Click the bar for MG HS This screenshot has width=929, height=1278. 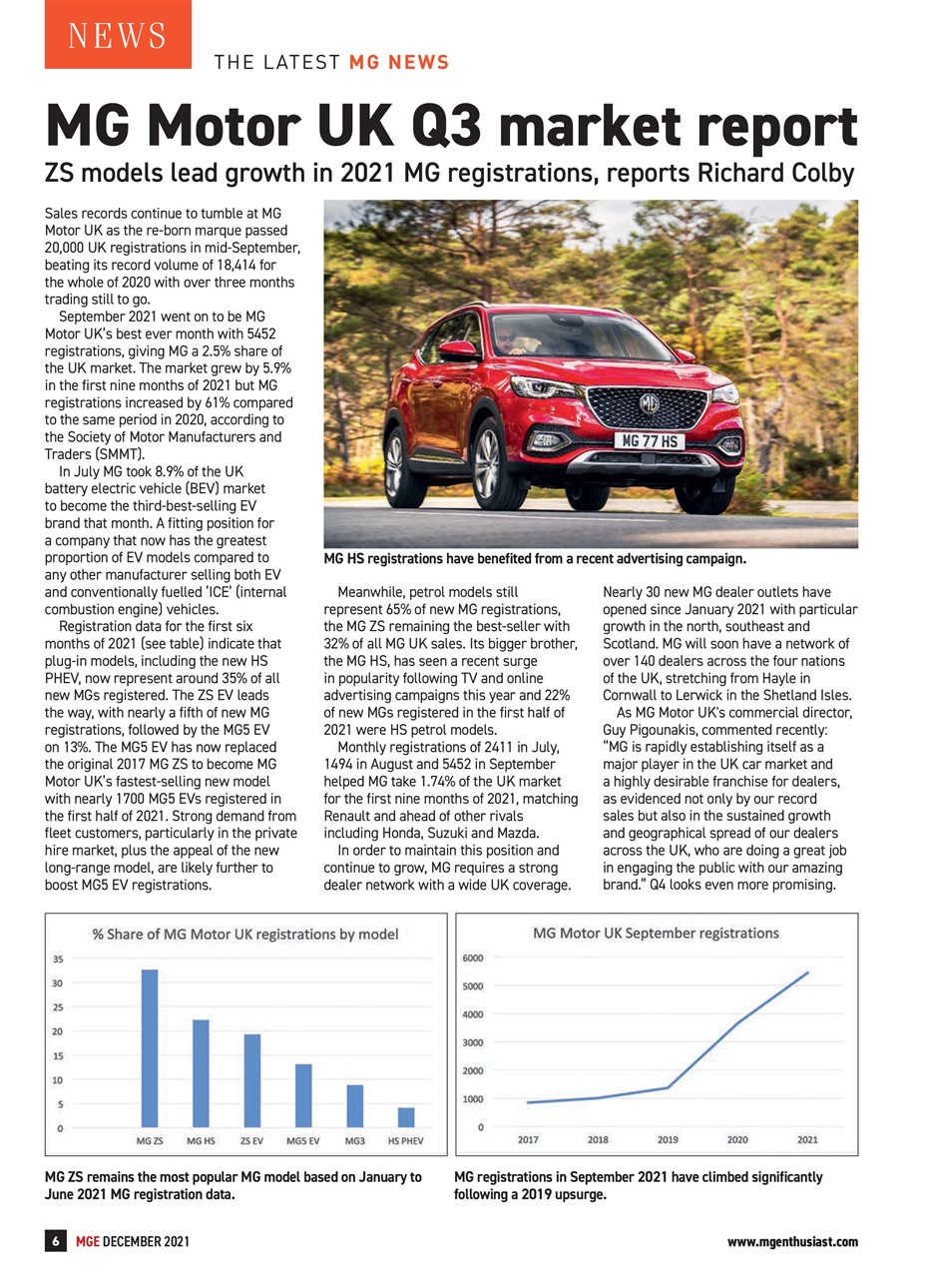[x=201, y=1073]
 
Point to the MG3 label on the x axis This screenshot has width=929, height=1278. [x=354, y=1140]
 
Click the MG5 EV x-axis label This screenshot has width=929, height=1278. [x=303, y=1140]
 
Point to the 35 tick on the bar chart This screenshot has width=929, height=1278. [x=59, y=958]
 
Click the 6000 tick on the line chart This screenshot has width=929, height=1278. [x=472, y=958]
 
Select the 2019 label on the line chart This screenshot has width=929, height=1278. [x=668, y=1139]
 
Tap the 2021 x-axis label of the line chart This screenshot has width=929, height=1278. [x=807, y=1139]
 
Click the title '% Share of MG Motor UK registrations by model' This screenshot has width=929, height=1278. [x=245, y=935]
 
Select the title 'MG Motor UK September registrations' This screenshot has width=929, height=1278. [x=656, y=934]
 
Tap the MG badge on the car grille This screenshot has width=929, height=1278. [x=649, y=404]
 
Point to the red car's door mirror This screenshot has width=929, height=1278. [x=459, y=350]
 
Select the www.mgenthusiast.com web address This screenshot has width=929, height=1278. [x=792, y=1241]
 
